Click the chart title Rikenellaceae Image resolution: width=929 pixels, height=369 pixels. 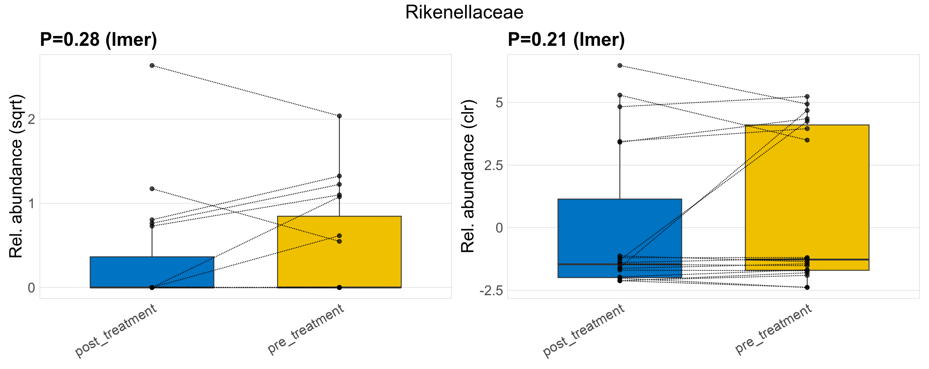coord(464,13)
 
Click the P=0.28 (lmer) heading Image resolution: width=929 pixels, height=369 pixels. coord(98,40)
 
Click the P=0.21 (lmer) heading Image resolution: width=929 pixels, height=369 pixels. coord(566,40)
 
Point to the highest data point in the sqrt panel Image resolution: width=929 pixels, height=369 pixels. coord(152,65)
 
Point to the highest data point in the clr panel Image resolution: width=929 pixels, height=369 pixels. coord(620,65)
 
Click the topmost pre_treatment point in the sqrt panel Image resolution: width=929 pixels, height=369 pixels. coord(339,116)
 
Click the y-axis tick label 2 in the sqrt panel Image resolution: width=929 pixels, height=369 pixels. coord(32,119)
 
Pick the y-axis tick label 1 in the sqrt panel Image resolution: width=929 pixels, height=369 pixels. coord(32,204)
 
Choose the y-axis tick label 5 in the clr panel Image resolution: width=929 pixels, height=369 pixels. coord(499,103)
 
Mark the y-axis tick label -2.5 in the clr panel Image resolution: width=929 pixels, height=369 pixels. coord(491,291)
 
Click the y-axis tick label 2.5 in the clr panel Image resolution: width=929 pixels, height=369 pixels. coord(493,165)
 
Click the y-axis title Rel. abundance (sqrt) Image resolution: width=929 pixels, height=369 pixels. coord(16,176)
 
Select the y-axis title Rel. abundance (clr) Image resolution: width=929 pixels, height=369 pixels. coord(468,176)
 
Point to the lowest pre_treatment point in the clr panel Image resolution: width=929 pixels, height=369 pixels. coord(807,287)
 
